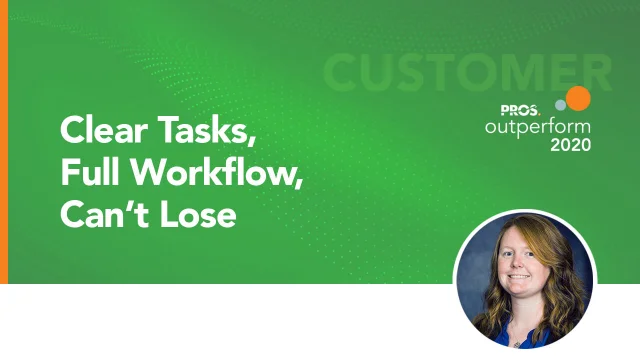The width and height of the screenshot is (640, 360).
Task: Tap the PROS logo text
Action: (x=518, y=109)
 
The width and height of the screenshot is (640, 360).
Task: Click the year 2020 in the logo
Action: (x=570, y=145)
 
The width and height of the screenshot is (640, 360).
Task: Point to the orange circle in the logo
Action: (x=578, y=98)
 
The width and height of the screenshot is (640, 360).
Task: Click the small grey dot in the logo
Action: (x=561, y=104)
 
